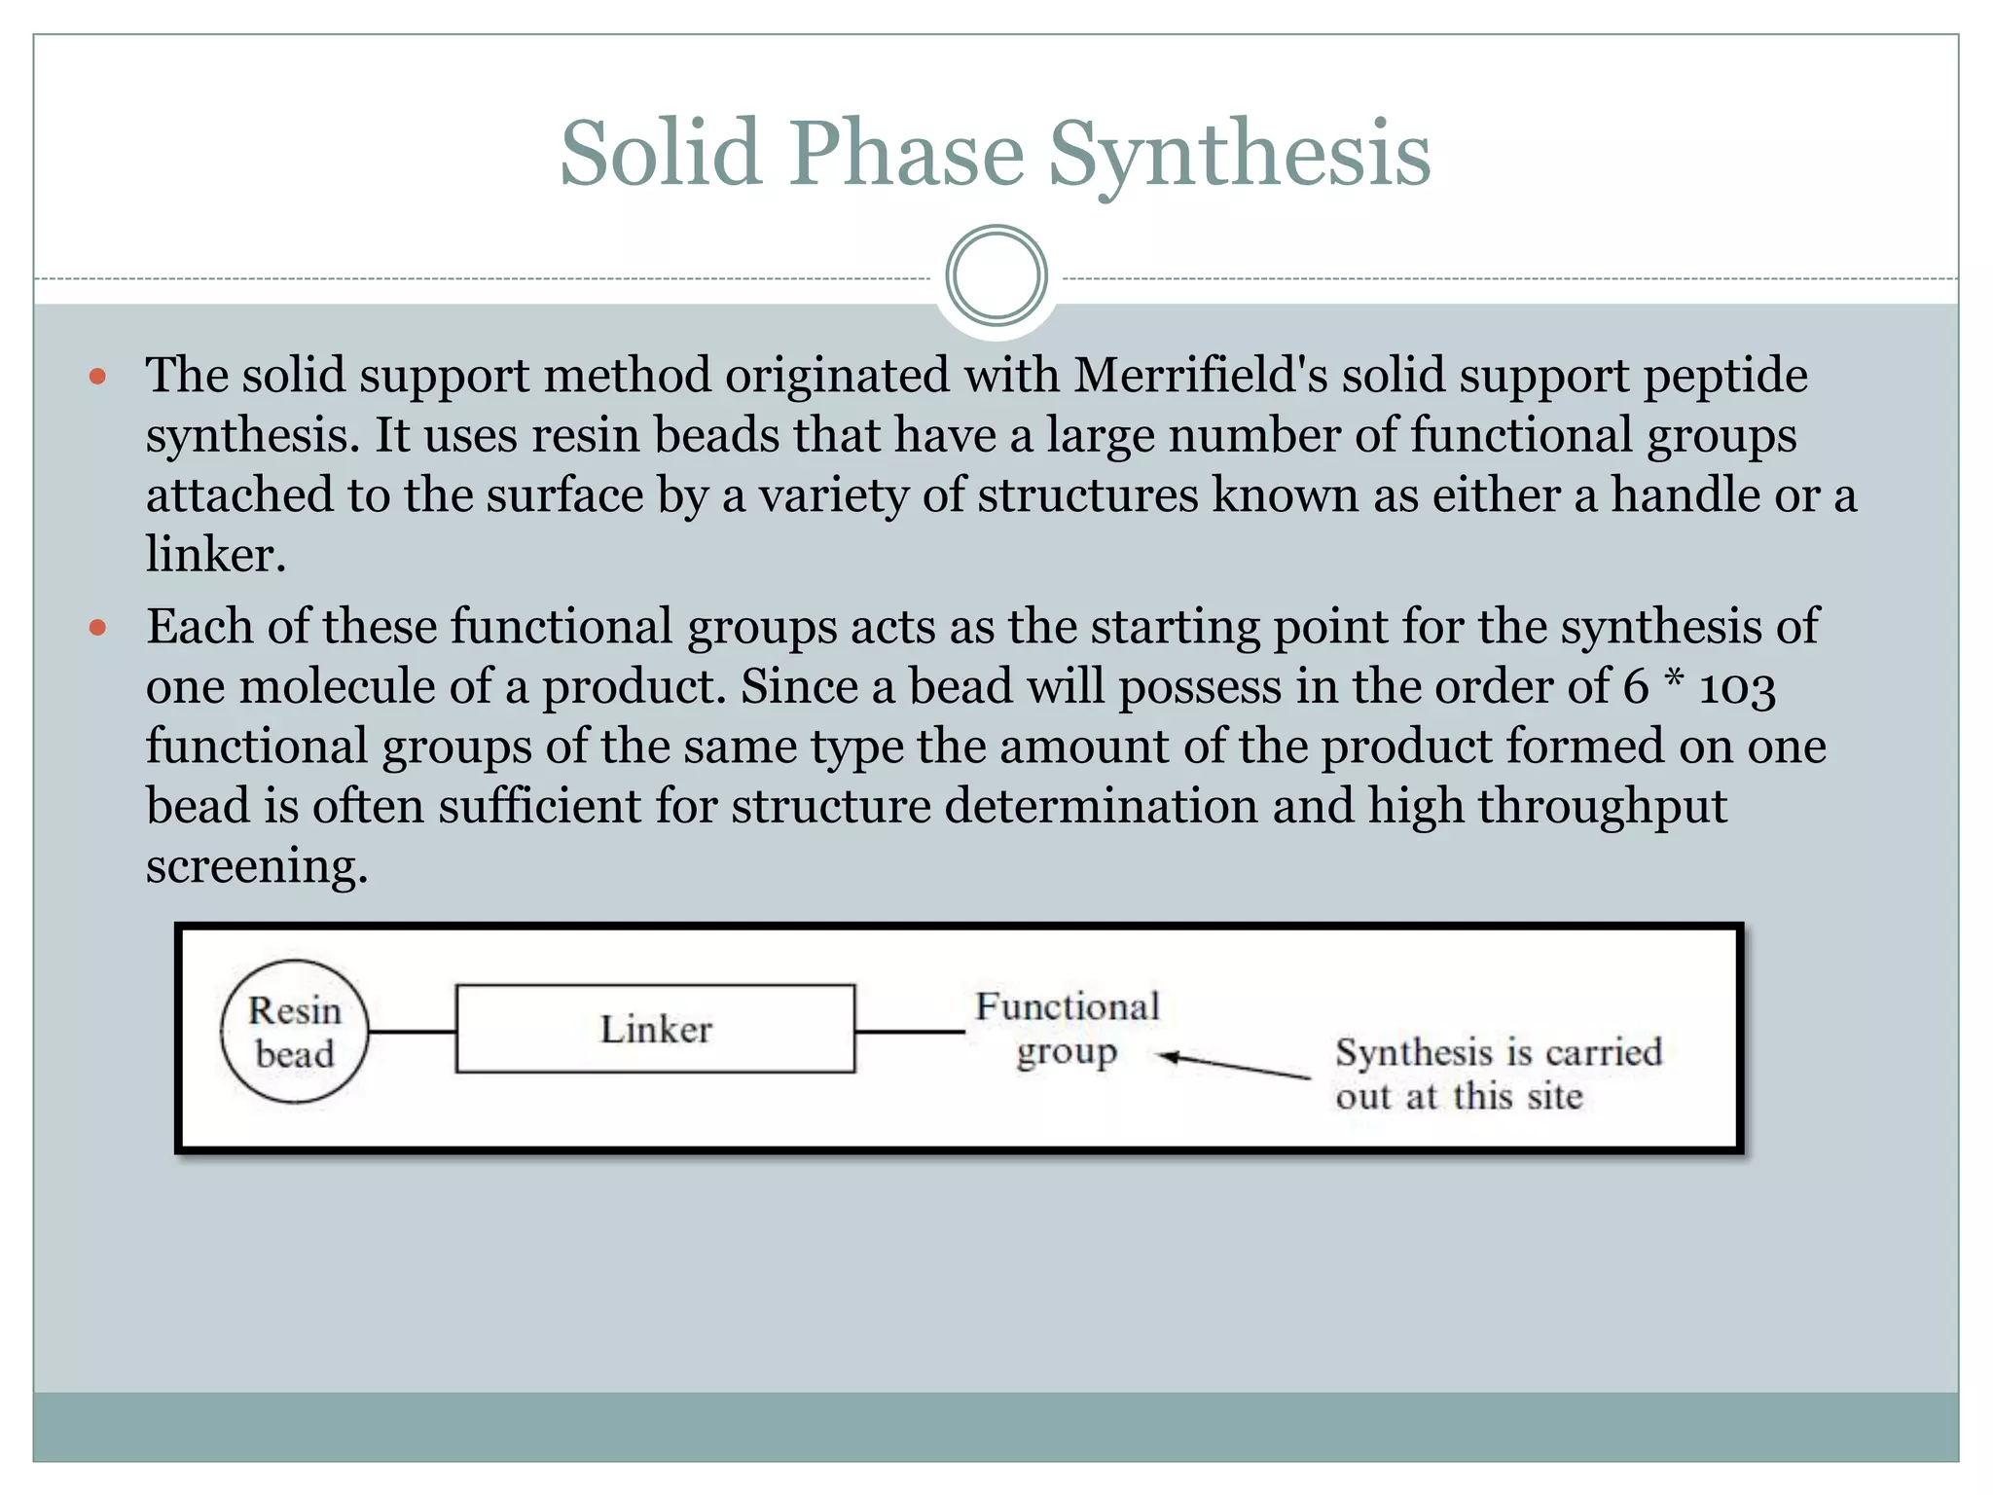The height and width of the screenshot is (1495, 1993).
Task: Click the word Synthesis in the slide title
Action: pos(1239,154)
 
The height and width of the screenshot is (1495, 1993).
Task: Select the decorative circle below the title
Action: pos(996,275)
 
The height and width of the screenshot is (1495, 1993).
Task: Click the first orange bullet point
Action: pos(97,376)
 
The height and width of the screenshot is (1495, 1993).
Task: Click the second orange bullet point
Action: pos(97,628)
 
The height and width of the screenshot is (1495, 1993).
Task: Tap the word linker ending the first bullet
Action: pos(215,555)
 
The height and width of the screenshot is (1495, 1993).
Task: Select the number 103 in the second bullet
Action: pos(1737,687)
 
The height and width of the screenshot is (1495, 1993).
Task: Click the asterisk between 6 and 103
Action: pos(1674,681)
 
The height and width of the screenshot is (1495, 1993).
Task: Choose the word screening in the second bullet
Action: pos(257,867)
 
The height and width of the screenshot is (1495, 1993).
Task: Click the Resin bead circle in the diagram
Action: pos(295,1032)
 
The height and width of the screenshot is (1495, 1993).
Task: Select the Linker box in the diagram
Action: pos(655,1030)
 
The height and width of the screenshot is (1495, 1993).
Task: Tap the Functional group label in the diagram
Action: pos(1068,1029)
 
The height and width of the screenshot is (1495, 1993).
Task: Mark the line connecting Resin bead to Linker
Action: pos(413,1031)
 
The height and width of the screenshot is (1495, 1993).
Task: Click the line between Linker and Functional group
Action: pos(910,1031)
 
